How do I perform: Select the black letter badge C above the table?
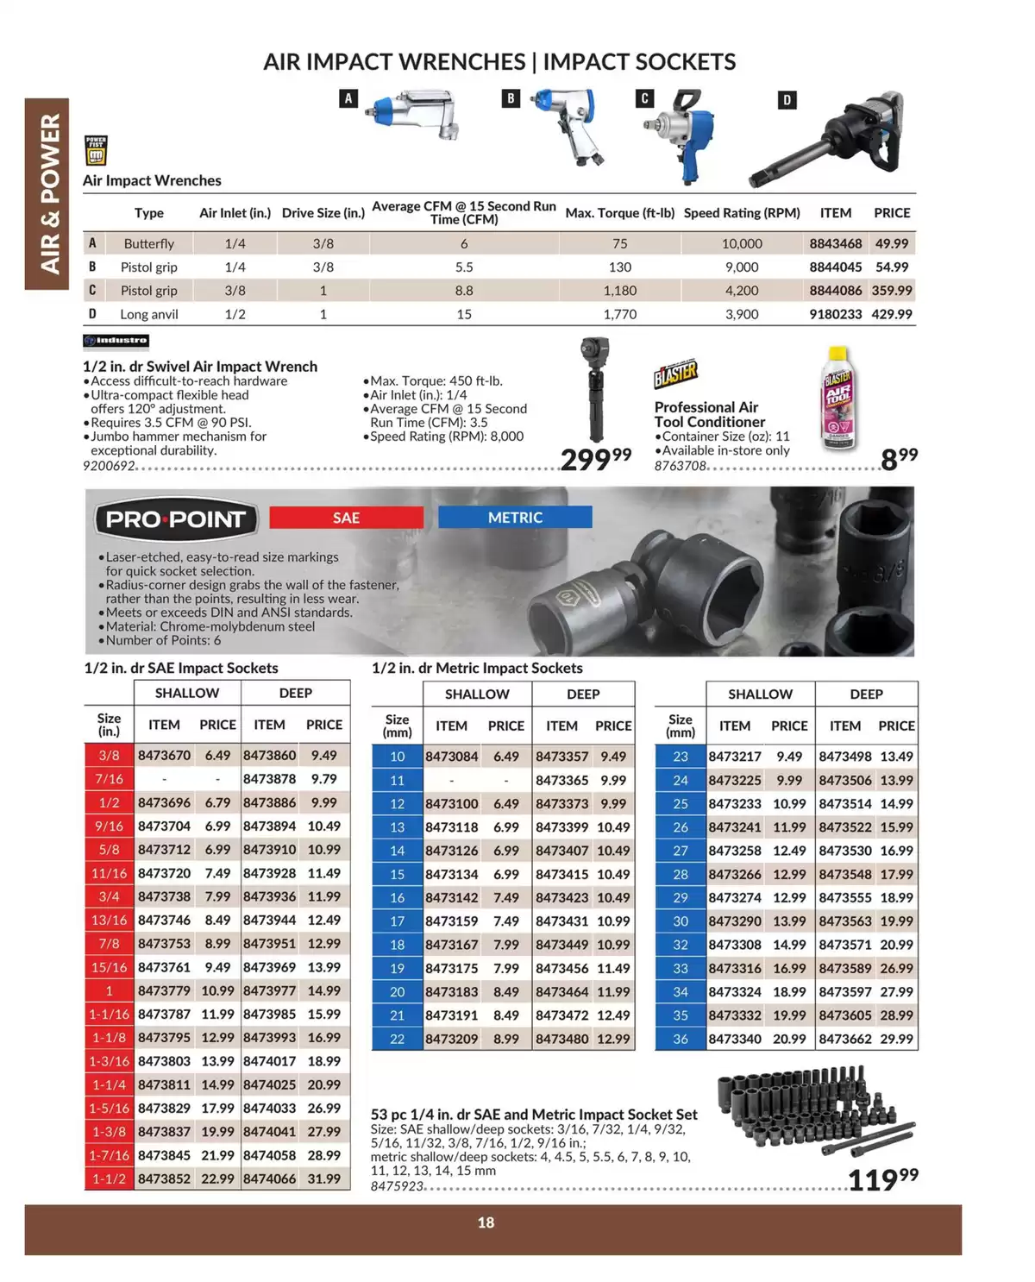(644, 98)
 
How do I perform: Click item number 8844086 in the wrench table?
(835, 291)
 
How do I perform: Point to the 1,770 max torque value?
(619, 314)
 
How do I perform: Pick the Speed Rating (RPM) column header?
(742, 213)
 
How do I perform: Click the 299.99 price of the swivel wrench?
(595, 459)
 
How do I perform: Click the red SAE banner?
(346, 518)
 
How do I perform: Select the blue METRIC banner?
(515, 518)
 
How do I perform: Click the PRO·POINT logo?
(176, 519)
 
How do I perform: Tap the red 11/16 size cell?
(110, 873)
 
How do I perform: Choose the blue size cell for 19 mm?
(397, 968)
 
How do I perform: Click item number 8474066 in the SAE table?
(269, 1178)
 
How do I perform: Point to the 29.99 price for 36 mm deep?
(896, 1039)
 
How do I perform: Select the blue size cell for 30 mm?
(681, 921)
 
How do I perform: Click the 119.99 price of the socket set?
(882, 1179)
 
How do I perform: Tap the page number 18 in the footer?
(486, 1222)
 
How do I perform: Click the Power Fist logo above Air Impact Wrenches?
(96, 150)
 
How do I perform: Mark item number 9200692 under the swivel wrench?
(110, 466)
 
